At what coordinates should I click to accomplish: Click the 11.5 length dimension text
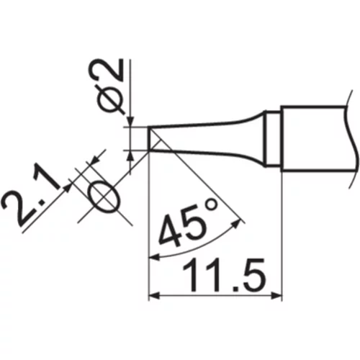pyautogui.click(x=225, y=276)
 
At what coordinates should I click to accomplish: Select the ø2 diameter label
pyautogui.click(x=106, y=86)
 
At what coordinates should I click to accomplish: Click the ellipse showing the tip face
pyautogui.click(x=104, y=197)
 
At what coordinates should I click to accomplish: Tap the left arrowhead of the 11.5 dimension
pyautogui.click(x=154, y=295)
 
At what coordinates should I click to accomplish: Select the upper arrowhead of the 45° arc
pyautogui.click(x=236, y=224)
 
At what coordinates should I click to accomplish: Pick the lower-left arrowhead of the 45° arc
pyautogui.click(x=154, y=257)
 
